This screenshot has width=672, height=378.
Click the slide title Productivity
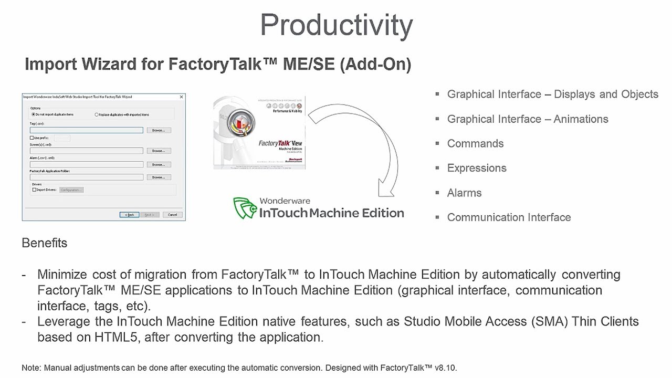[336, 25]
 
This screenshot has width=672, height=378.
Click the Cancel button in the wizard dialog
[172, 215]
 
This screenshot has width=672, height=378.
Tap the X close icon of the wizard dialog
[182, 97]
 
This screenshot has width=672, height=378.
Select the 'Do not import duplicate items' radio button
[34, 114]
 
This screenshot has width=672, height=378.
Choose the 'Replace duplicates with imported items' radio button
[97, 114]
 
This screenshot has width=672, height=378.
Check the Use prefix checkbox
[32, 138]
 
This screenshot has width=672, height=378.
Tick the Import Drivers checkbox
[35, 190]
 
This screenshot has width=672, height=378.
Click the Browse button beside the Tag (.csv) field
[159, 130]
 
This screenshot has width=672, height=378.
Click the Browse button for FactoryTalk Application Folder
[159, 177]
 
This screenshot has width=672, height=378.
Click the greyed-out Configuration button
[71, 190]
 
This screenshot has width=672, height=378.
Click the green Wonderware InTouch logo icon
[245, 208]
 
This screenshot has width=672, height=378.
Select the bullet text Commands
[475, 143]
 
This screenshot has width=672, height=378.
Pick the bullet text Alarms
[464, 193]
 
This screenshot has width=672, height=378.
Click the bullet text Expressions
[477, 168]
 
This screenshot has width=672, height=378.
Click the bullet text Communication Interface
[509, 217]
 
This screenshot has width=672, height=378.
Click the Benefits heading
[45, 243]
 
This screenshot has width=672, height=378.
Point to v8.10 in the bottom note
[446, 368]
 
